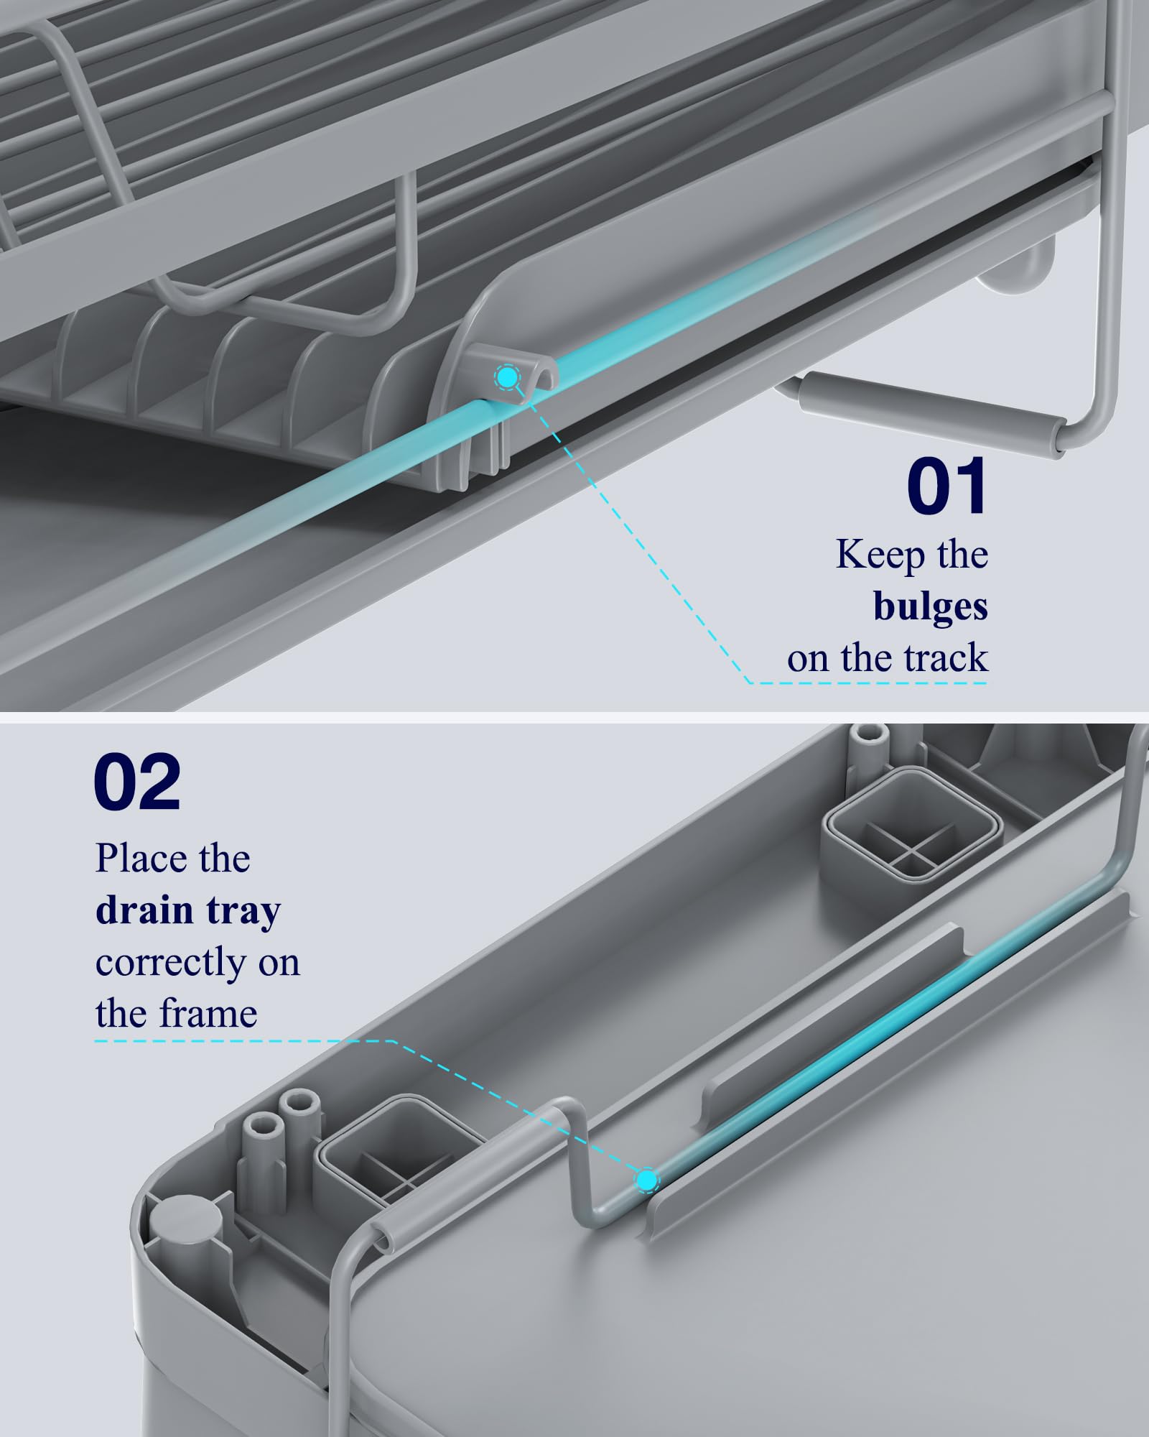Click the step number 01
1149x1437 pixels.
click(947, 486)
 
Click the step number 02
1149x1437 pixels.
click(137, 782)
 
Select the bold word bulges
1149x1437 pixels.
click(931, 606)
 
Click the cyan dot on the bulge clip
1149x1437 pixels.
click(507, 376)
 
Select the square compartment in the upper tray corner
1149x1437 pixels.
click(912, 823)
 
